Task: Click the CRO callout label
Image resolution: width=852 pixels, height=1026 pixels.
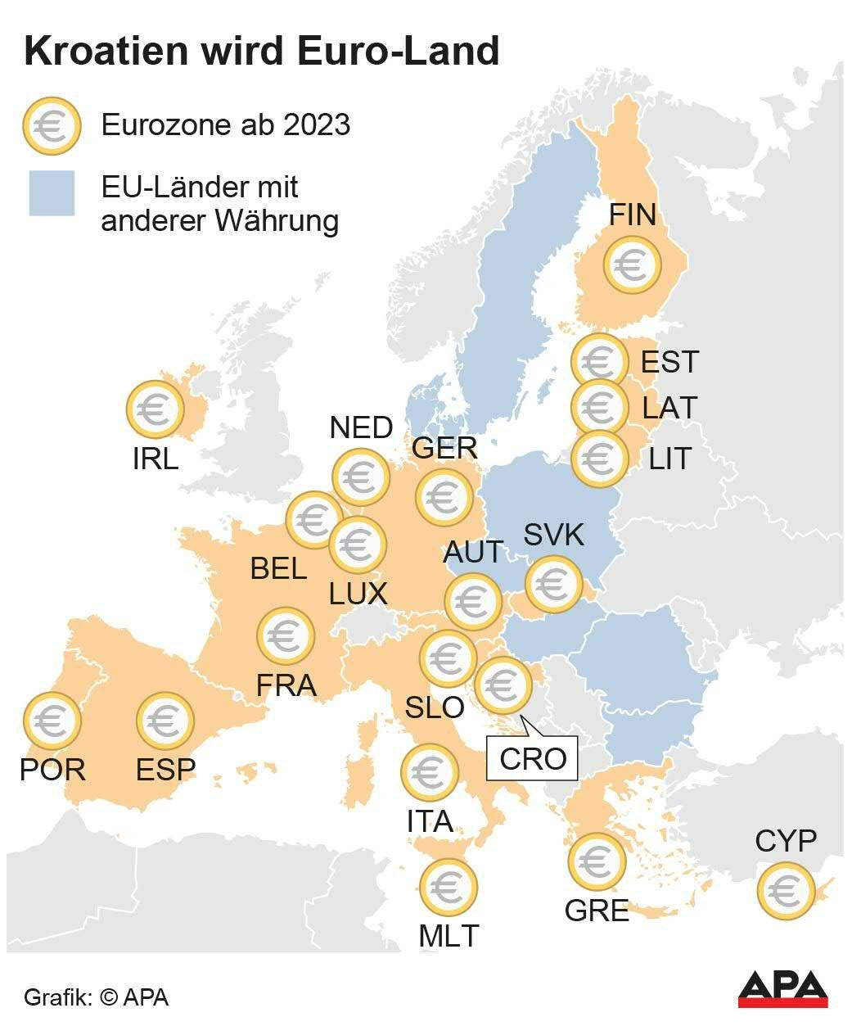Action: (533, 758)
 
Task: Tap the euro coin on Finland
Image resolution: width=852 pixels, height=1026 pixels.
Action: (632, 264)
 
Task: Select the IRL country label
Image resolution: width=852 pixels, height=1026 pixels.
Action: (156, 459)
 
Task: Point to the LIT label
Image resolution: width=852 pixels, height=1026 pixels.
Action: (669, 459)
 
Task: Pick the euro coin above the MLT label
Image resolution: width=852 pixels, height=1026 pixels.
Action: (448, 887)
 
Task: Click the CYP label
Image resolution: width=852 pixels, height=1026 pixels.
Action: (786, 840)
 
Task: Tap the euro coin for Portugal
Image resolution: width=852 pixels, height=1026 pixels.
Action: (52, 721)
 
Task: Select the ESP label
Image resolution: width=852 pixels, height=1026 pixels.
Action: (165, 770)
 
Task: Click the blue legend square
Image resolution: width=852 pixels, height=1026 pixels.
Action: (52, 193)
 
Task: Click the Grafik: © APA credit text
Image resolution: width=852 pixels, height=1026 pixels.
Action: (97, 997)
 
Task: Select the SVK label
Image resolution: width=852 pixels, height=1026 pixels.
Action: (554, 535)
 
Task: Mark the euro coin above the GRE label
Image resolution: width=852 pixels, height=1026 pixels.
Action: (597, 861)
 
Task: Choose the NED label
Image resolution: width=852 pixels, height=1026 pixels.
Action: (361, 427)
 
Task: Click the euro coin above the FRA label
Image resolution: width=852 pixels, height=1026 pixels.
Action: (286, 635)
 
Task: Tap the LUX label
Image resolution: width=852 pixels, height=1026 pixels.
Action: (358, 594)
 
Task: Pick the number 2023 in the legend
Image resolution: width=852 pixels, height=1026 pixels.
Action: (317, 124)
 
